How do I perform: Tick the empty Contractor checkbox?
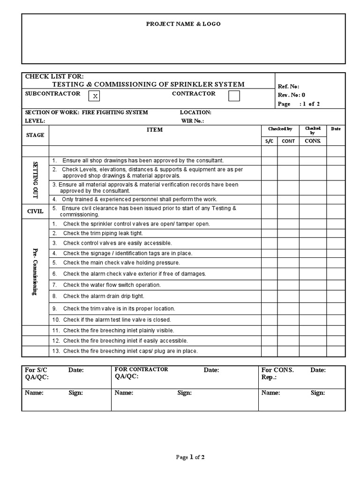(234, 96)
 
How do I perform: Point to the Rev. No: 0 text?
(291, 95)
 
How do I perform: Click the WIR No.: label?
(193, 120)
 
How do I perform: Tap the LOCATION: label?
(195, 112)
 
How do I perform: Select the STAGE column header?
(35, 135)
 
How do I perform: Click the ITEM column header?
(155, 130)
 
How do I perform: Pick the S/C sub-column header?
(269, 141)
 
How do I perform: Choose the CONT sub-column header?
(288, 141)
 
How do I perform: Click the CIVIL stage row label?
(35, 211)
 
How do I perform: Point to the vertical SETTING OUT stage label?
(35, 180)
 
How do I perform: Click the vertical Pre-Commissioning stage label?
(35, 272)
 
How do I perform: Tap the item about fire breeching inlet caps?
(130, 351)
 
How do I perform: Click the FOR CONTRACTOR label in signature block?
(141, 369)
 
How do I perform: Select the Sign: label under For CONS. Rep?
(317, 393)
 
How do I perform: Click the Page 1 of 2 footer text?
(190, 457)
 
